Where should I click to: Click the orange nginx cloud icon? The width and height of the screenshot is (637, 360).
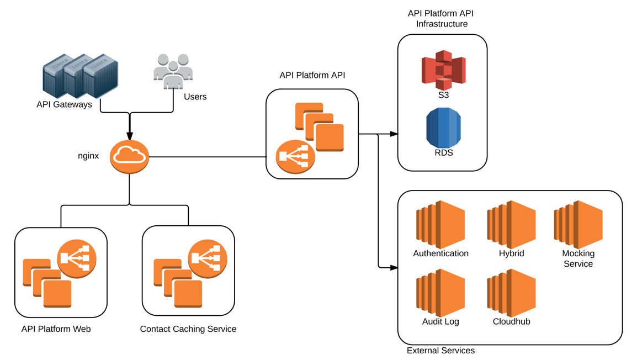pos(129,157)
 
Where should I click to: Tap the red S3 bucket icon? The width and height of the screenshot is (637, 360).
pos(443,70)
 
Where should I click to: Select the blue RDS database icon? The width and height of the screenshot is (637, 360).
pos(443,128)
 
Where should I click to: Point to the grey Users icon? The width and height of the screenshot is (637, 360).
pos(173,71)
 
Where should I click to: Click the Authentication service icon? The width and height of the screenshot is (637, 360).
pos(440,225)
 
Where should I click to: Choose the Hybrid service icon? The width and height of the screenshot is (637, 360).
pos(511,225)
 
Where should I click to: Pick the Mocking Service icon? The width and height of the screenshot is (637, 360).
pos(578,225)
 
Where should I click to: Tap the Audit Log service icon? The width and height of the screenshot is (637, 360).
pos(440,293)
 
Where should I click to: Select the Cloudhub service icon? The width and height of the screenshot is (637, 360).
pos(511,293)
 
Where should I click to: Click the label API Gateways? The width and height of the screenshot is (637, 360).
pos(64,104)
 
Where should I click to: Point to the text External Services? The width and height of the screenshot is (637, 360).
pos(440,351)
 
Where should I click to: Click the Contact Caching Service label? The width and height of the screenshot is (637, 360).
pos(188,329)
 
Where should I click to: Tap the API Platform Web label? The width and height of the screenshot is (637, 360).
pos(56,329)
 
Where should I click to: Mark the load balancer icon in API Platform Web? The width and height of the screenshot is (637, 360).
pos(77,258)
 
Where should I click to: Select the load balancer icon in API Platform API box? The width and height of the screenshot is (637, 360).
pos(295,157)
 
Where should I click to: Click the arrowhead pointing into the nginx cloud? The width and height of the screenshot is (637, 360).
pos(130,136)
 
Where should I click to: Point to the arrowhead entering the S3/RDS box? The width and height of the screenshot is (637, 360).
pos(394,134)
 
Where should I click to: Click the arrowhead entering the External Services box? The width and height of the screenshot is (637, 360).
pos(394,268)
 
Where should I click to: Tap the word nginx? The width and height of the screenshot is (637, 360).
pos(88,156)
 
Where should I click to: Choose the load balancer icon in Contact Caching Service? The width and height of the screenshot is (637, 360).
pos(208,258)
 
